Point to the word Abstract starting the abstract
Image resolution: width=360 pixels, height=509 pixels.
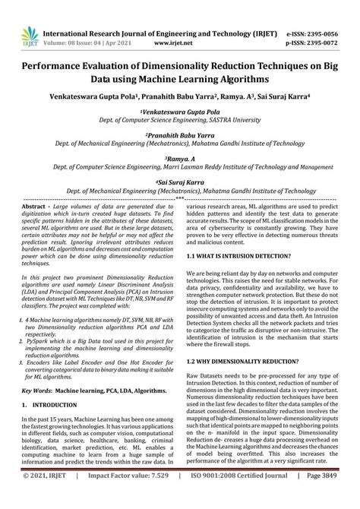click(33, 207)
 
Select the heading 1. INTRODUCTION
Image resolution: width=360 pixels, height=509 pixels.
click(51, 406)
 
